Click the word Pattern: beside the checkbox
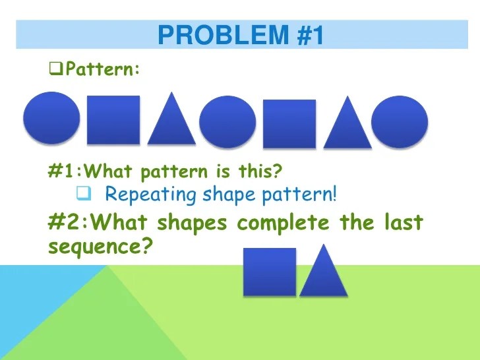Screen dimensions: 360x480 [x=102, y=69]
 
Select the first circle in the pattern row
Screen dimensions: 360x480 [x=51, y=119]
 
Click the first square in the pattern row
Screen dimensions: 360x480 [x=113, y=119]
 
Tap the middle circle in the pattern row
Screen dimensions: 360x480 [x=227, y=122]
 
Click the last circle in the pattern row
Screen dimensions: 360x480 [x=400, y=122]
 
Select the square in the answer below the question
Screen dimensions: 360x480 [x=270, y=272]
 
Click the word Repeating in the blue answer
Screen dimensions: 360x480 [x=141, y=195]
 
